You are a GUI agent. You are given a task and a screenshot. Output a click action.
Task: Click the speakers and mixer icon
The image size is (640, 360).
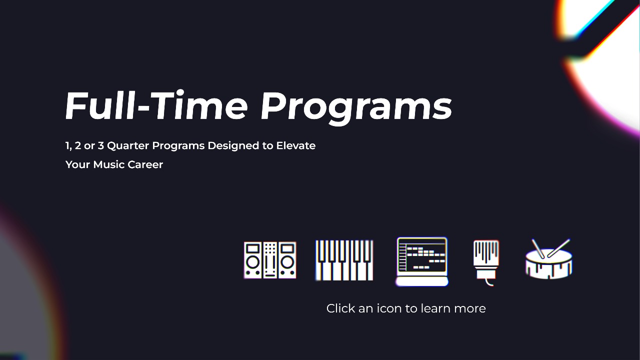pos(270,260)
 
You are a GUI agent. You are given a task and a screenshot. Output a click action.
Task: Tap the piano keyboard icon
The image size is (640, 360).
pos(344,260)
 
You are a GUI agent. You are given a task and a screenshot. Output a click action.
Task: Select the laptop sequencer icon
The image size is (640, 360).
pos(421,260)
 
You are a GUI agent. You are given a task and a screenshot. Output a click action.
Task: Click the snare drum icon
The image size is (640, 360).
pos(549,260)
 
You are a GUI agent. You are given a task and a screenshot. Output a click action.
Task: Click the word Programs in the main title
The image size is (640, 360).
pos(356,106)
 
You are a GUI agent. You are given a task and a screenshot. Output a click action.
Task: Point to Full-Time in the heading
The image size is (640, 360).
pos(156,106)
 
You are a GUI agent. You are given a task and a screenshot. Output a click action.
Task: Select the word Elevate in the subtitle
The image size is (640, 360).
pos(295,146)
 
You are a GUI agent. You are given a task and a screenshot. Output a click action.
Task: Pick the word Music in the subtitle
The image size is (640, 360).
pos(107,164)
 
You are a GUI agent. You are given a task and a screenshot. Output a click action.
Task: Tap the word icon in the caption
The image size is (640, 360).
pos(389,308)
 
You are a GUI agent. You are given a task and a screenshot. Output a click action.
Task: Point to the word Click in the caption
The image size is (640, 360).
pos(341,308)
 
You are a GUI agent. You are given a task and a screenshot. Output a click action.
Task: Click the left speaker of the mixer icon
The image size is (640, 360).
pos(253,260)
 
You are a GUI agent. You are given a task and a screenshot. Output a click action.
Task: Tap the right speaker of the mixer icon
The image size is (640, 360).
pos(287,260)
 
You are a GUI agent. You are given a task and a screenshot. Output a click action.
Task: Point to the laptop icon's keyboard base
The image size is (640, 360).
pos(421,281)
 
